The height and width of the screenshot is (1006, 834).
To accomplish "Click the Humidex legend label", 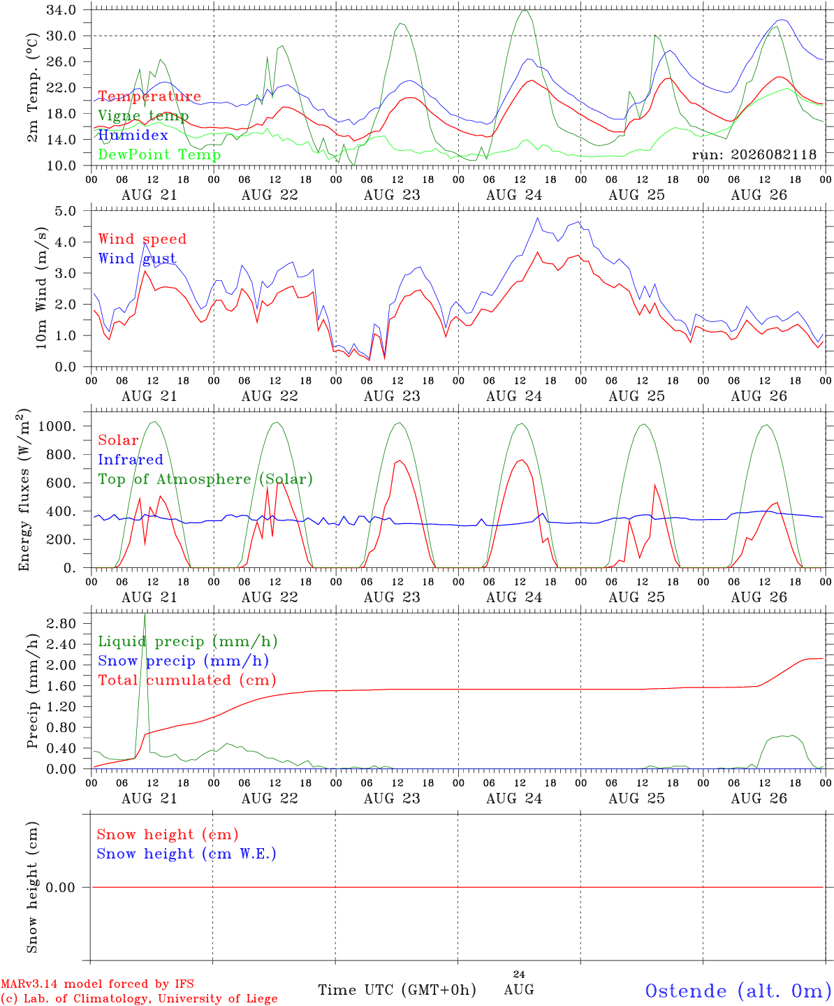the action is (133, 135).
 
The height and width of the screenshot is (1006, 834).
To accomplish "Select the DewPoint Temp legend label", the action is (159, 154).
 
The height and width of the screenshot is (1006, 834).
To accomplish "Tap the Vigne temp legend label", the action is (144, 116).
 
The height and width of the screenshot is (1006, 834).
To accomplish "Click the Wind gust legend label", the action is (138, 258).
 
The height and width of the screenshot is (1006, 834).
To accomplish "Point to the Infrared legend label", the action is (131, 460).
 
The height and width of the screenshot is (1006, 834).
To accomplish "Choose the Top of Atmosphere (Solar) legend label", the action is (206, 479).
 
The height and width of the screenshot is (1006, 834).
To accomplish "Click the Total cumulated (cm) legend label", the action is (187, 680).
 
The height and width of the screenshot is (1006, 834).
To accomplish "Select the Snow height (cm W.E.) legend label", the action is (186, 854).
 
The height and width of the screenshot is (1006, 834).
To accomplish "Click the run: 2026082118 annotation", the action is (754, 154).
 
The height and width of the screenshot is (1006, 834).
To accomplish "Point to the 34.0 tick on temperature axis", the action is (61, 10).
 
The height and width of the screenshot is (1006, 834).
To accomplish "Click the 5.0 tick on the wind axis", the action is (65, 211).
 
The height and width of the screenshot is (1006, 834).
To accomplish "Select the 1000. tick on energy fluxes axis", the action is (57, 426).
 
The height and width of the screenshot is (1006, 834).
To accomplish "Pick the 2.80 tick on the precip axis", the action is (61, 623).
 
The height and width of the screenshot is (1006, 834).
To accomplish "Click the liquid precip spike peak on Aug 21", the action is (145, 613).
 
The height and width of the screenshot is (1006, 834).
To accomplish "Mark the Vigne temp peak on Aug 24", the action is (524, 10).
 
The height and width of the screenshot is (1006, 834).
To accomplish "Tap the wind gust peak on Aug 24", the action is (538, 218).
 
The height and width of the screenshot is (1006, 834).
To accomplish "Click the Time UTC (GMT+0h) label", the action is (397, 990).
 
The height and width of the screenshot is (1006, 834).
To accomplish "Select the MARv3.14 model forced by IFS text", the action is (97, 984).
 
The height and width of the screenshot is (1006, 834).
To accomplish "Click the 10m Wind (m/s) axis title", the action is (41, 288).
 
